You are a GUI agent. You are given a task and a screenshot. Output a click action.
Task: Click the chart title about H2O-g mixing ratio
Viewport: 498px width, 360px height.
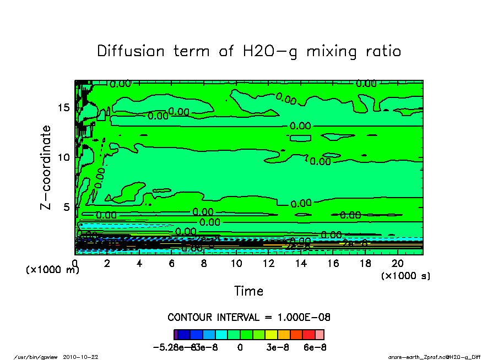click(x=249, y=51)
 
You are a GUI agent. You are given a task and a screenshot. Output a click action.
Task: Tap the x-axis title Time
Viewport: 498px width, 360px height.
click(x=248, y=291)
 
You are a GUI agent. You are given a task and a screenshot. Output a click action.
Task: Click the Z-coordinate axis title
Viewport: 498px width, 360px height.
click(x=46, y=167)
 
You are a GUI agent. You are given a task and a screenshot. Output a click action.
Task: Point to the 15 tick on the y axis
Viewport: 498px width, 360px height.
click(x=63, y=107)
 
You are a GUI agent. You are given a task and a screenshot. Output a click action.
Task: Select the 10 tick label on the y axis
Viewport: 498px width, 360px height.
click(x=63, y=157)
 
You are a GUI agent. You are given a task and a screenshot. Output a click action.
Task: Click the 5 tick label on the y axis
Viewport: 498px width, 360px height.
click(x=67, y=208)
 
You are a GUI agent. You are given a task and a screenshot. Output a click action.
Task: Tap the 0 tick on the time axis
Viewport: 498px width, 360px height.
click(x=75, y=264)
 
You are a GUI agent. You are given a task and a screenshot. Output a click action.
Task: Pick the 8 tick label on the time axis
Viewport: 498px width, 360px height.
click(x=204, y=264)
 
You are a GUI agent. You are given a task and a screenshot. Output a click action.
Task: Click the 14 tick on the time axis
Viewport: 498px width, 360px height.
click(x=301, y=264)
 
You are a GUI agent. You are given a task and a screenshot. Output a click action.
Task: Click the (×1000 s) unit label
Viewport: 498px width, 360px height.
click(x=405, y=276)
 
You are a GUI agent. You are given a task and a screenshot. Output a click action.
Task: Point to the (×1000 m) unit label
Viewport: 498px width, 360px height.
click(x=53, y=270)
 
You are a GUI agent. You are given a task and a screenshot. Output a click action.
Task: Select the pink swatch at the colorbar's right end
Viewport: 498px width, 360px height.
click(x=319, y=334)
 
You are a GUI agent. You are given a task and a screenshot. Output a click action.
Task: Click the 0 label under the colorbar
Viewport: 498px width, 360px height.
click(x=240, y=348)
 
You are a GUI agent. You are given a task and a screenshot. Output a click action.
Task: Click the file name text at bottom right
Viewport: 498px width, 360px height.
click(x=435, y=357)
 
